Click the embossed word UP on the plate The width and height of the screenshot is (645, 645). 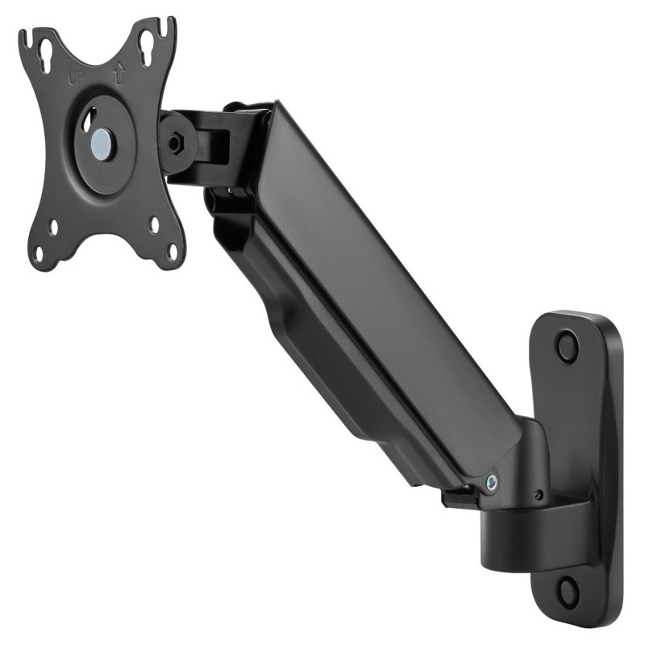(x=75, y=78)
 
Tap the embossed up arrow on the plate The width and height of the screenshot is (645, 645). (x=119, y=74)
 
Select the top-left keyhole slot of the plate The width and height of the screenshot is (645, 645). (x=46, y=56)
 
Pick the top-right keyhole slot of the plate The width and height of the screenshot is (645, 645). (x=148, y=49)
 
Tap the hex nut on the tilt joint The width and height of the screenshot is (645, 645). (x=175, y=142)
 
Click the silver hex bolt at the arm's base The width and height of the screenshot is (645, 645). (x=491, y=481)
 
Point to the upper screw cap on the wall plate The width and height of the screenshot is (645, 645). (x=568, y=345)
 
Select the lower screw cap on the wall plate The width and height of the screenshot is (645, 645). (x=570, y=589)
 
